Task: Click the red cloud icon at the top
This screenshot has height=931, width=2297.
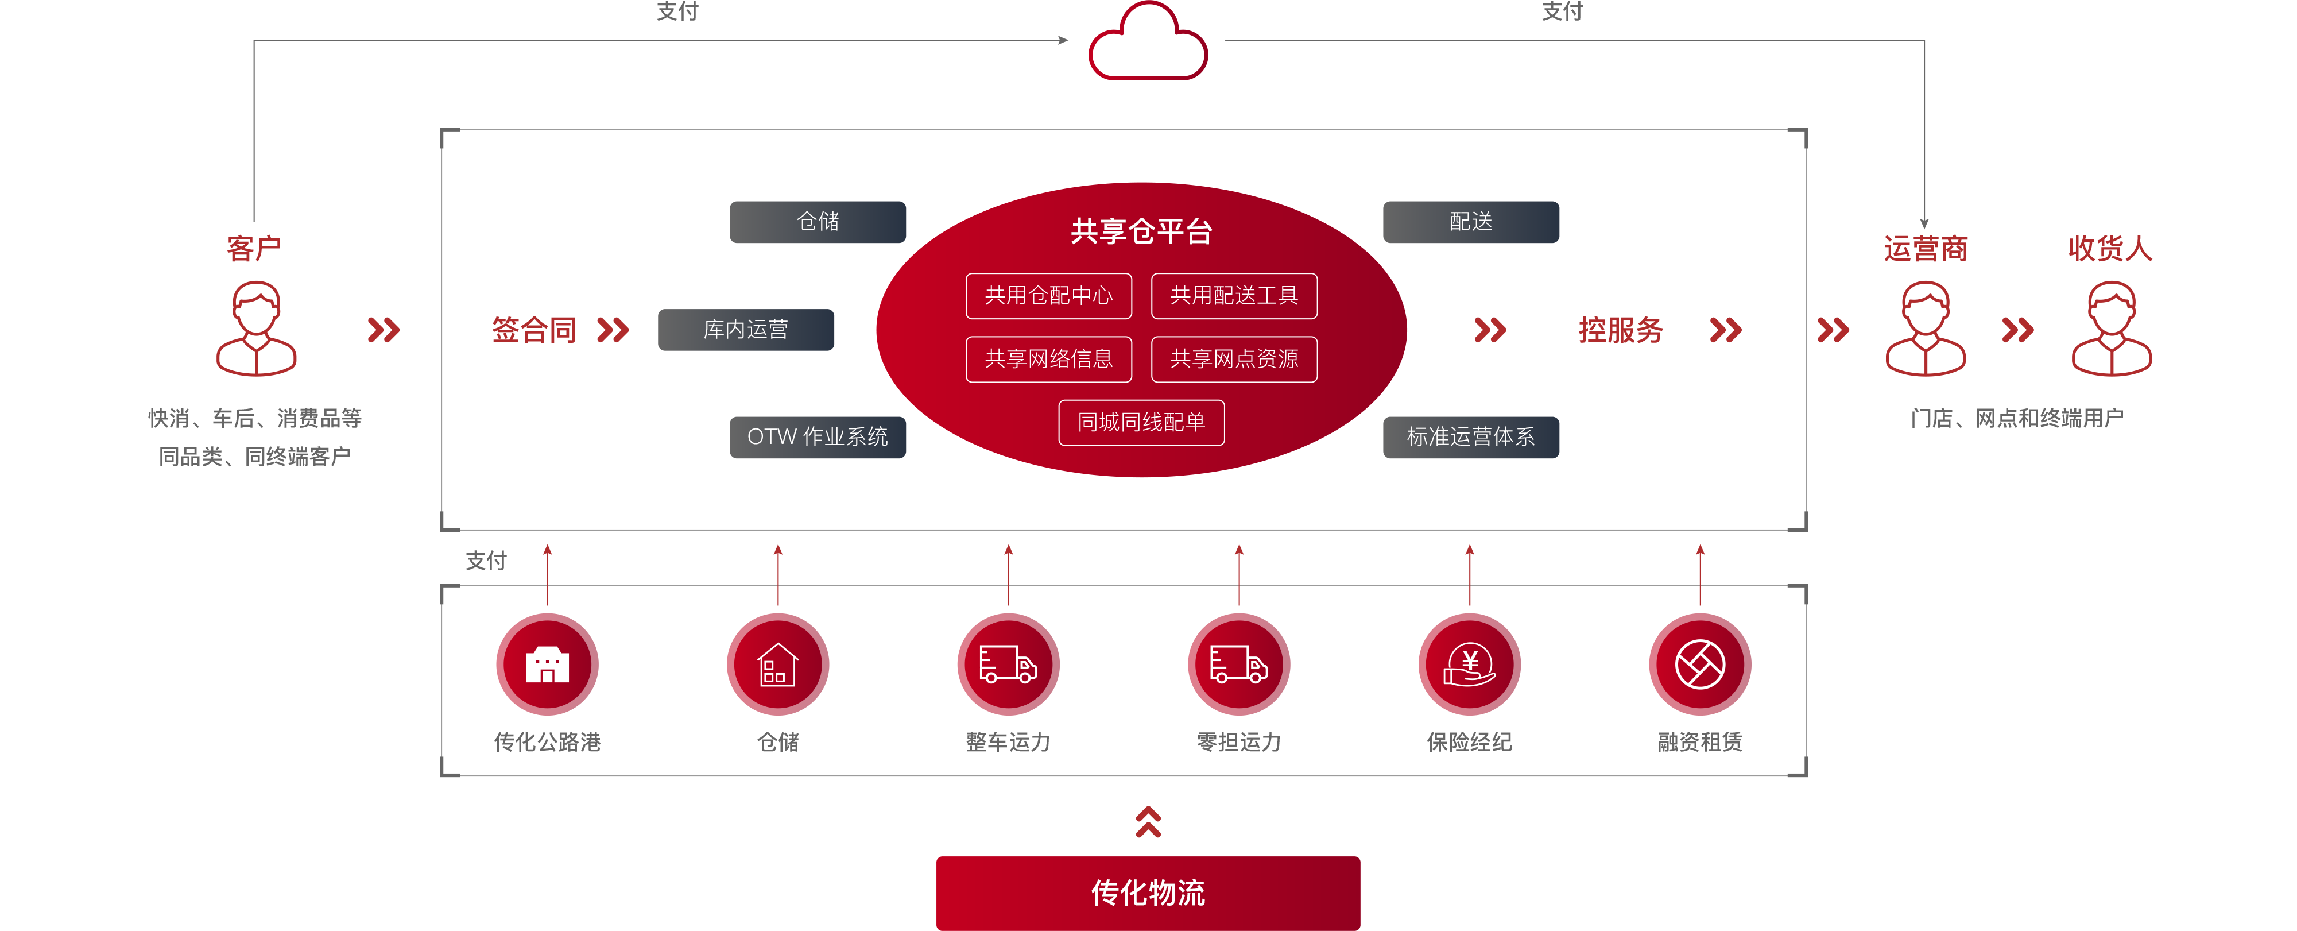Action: [x=1148, y=45]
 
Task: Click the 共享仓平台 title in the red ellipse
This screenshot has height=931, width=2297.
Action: [x=1141, y=231]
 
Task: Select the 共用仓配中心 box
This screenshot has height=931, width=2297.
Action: [x=1049, y=295]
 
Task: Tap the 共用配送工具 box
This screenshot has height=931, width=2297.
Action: [x=1234, y=295]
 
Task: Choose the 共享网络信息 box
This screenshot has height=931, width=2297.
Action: [x=1049, y=358]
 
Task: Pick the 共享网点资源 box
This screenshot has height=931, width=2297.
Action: [x=1234, y=358]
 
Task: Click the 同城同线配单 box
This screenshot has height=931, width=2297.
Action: [x=1141, y=422]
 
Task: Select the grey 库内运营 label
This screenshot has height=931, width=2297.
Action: [x=745, y=329]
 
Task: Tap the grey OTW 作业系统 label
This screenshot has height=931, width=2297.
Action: [x=817, y=437]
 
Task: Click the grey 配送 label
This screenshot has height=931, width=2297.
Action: [x=1470, y=221]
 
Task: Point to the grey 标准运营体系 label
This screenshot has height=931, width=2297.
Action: [x=1470, y=437]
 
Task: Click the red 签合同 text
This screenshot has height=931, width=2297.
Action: [x=534, y=330]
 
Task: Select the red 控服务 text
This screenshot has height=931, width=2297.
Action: [x=1620, y=330]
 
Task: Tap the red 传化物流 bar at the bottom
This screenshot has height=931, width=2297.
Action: [x=1148, y=893]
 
